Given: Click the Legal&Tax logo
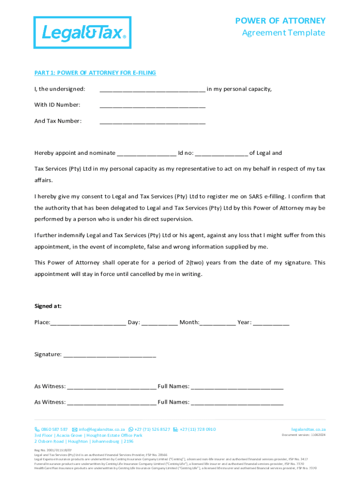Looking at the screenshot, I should click(82, 32).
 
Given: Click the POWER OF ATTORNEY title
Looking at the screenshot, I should click(280, 21).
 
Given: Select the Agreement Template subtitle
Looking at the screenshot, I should click(283, 33).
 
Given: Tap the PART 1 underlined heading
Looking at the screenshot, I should click(95, 73).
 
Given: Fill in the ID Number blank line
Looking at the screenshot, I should click(152, 106).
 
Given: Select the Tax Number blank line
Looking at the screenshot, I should click(152, 122).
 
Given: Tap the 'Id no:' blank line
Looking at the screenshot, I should click(221, 154).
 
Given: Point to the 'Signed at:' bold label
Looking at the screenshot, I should click(48, 306).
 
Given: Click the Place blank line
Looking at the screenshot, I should click(87, 323).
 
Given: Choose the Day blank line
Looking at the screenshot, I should click(159, 323).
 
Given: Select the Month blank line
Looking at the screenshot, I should click(218, 323).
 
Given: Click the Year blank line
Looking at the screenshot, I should click(271, 323).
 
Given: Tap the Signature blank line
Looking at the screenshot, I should click(109, 355).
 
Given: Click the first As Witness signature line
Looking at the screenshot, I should click(112, 387).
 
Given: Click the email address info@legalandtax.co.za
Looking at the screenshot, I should click(101, 429).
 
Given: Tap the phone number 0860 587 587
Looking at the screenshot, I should click(54, 429).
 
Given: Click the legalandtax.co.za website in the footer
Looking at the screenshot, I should click(308, 429).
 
